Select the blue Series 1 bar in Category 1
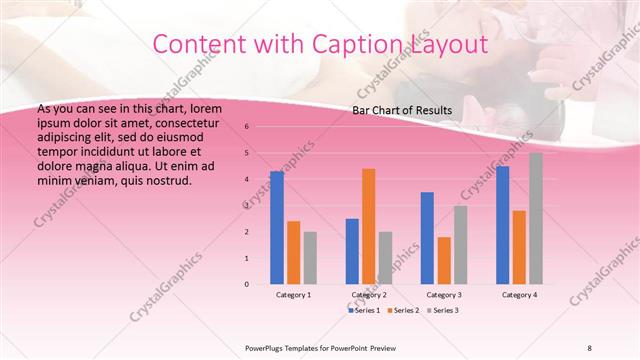pyautogui.click(x=277, y=228)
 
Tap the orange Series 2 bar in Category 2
pyautogui.click(x=368, y=226)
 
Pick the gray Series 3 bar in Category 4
pyautogui.click(x=536, y=218)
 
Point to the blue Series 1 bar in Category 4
pyautogui.click(x=503, y=225)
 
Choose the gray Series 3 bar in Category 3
pyautogui.click(x=460, y=245)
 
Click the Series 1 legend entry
pyautogui.click(x=364, y=311)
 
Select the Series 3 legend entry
pyautogui.click(x=444, y=311)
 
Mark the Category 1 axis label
pyautogui.click(x=293, y=295)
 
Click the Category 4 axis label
pyautogui.click(x=519, y=295)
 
